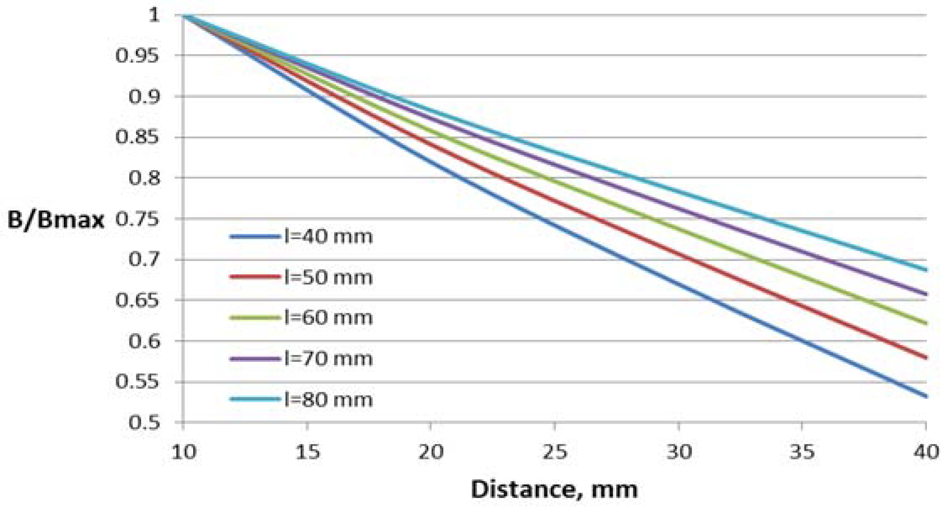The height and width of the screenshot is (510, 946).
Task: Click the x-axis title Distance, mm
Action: [554, 489]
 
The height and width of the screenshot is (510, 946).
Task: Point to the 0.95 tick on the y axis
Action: [137, 56]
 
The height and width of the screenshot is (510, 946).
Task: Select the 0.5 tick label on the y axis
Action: [144, 423]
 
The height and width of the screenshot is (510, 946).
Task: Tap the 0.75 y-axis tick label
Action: [137, 219]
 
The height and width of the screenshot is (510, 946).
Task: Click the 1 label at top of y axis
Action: [154, 15]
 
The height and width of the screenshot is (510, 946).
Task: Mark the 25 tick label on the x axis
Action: [554, 451]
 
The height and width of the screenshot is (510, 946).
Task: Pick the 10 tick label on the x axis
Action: [183, 451]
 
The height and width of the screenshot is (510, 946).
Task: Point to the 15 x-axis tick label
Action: [307, 451]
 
